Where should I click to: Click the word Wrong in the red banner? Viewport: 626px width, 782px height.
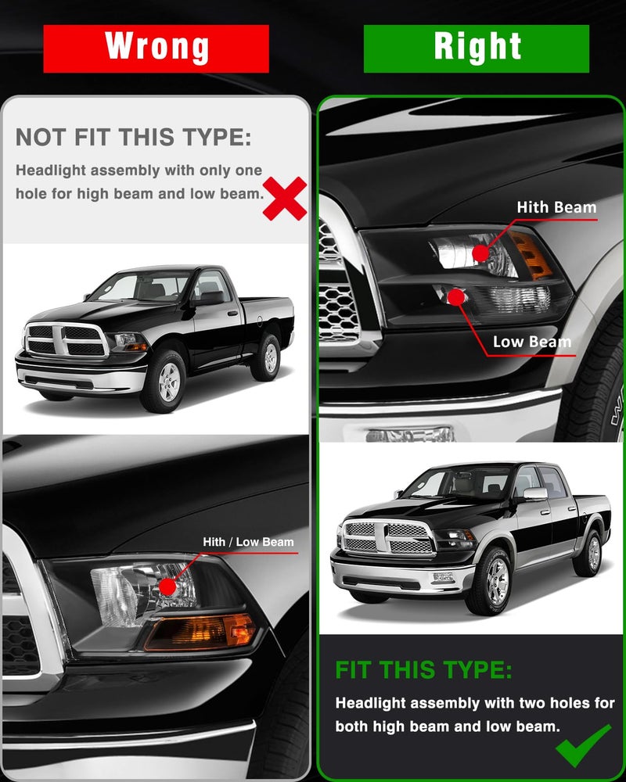tap(156, 47)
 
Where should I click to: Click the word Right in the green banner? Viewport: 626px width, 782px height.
tap(478, 47)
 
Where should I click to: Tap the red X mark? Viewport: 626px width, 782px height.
tap(285, 199)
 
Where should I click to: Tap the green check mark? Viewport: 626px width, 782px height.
tap(583, 745)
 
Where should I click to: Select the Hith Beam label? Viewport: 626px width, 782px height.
tap(556, 207)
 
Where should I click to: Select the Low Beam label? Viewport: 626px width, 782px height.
tap(531, 342)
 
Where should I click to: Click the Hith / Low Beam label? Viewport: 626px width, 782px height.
tap(248, 542)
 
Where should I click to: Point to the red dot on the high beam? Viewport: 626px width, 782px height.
tap(480, 253)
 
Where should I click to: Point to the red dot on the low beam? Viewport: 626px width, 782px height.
tap(455, 297)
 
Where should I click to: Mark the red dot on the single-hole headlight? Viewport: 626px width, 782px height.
tap(168, 586)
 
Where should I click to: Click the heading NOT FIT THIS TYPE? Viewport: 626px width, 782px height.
tap(133, 137)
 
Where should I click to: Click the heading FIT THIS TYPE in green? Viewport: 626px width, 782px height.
tap(423, 670)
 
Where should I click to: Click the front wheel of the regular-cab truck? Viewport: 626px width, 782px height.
tap(166, 380)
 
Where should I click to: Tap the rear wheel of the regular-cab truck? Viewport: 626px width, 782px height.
tap(267, 357)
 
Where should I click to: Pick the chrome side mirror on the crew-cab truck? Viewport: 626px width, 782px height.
tap(534, 493)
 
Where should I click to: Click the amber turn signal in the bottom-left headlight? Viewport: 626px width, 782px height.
tap(200, 633)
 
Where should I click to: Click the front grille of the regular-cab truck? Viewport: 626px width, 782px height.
tap(66, 339)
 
